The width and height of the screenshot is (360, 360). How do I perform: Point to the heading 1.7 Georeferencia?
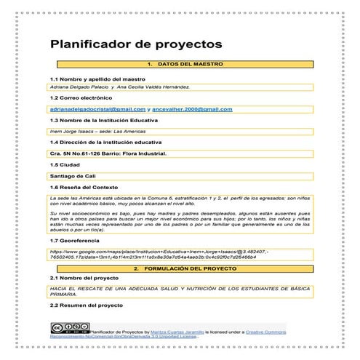79,239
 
